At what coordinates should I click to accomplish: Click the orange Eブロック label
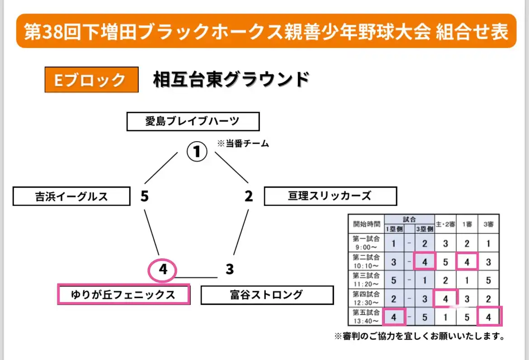[x=91, y=80]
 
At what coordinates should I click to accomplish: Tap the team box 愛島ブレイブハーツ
[x=193, y=122]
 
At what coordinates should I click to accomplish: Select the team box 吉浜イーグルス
[x=71, y=196]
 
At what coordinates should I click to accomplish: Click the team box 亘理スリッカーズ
[x=331, y=196]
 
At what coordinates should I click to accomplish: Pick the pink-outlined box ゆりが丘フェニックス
[x=123, y=294]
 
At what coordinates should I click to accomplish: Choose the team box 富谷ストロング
[x=267, y=295]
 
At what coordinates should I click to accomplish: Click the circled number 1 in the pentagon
[x=197, y=152]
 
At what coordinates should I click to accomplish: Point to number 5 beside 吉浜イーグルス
[x=144, y=196]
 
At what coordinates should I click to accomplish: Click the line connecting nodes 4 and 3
[x=196, y=278]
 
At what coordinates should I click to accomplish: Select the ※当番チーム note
[x=243, y=144]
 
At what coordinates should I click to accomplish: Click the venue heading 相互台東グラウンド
[x=231, y=80]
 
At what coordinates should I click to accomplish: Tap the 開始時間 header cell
[x=366, y=224]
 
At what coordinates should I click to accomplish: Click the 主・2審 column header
[x=445, y=224]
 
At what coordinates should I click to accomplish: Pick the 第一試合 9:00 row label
[x=366, y=243]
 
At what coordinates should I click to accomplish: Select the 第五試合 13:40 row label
[x=366, y=317]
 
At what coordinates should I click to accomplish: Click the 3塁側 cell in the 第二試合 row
[x=425, y=261]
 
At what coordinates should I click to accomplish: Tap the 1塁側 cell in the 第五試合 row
[x=394, y=317]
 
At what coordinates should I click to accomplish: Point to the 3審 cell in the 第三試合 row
[x=488, y=280]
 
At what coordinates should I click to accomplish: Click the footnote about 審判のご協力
[x=420, y=336]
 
